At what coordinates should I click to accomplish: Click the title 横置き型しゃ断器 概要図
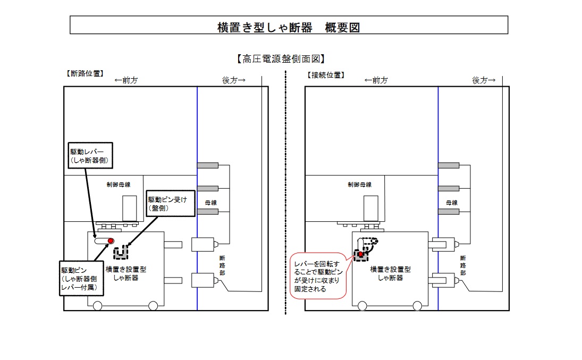289,28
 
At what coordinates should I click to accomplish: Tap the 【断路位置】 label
84,73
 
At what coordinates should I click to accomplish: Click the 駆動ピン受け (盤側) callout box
168,204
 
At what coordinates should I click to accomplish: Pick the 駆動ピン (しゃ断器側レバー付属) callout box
81,277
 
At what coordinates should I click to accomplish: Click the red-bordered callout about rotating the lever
319,275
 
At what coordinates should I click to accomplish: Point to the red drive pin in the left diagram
111,241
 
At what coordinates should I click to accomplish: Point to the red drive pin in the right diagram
360,255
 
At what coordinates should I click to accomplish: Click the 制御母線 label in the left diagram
119,184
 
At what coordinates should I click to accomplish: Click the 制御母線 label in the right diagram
359,184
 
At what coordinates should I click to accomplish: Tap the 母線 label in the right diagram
451,203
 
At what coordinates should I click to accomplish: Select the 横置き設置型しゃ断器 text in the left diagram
126,273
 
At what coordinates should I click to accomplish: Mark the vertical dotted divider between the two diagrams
286,191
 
